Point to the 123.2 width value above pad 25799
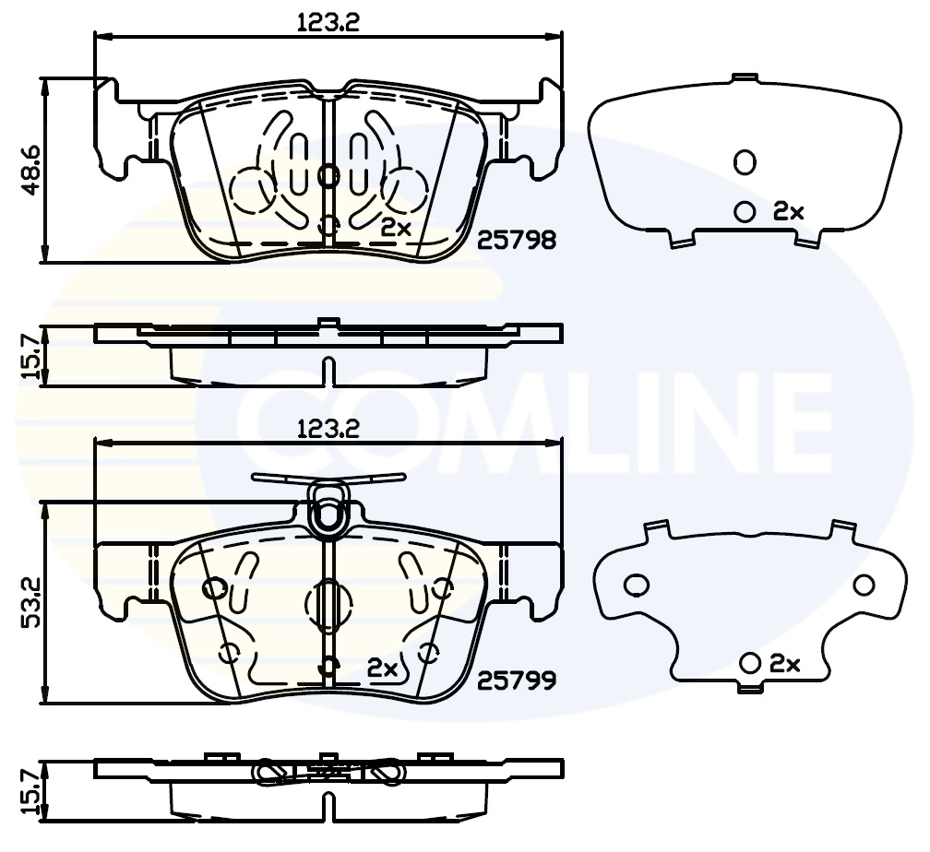click(x=328, y=429)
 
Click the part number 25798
click(x=517, y=241)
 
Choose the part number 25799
click(x=517, y=681)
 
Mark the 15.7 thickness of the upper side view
click(x=30, y=356)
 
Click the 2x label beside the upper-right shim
click(x=789, y=212)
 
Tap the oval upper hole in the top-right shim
click(x=745, y=163)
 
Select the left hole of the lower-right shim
click(x=635, y=584)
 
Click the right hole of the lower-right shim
click(x=863, y=585)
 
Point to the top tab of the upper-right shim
click(x=744, y=77)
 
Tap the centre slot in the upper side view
click(x=327, y=370)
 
